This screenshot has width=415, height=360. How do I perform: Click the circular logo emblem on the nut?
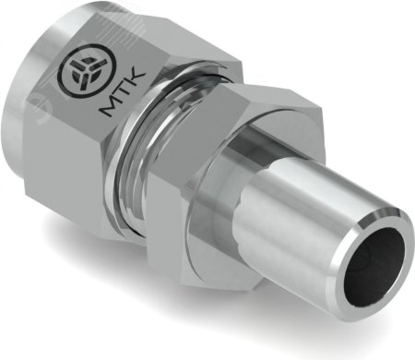[x=88, y=71]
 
